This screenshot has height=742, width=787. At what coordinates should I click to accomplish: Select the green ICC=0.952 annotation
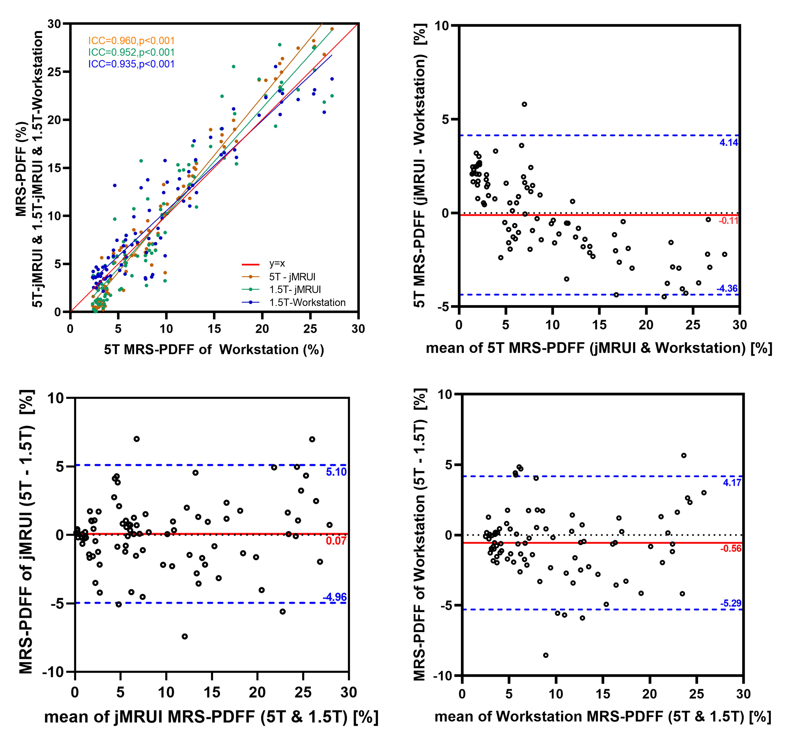(x=132, y=52)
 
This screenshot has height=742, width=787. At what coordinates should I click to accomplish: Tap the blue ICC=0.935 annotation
(x=132, y=64)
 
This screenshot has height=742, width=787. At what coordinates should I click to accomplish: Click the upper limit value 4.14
(x=729, y=143)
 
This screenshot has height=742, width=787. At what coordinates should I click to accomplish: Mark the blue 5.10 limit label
(x=336, y=472)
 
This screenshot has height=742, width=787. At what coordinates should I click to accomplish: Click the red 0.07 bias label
(x=336, y=541)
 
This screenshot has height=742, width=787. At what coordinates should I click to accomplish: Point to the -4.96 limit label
(x=335, y=597)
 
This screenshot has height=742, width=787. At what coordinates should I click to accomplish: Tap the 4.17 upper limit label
(x=732, y=483)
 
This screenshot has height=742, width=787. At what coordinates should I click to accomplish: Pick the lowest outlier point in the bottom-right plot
(x=546, y=655)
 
